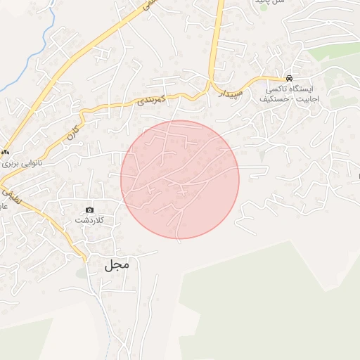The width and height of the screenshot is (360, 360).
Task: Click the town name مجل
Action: (117, 265)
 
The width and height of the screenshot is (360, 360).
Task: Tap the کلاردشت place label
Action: (89, 220)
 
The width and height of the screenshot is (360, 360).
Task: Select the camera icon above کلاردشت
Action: (89, 210)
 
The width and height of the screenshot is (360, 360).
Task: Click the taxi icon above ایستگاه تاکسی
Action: (290, 79)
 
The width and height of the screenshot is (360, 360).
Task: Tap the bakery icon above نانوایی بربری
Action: (6, 150)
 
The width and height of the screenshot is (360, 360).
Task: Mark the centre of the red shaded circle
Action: (180, 179)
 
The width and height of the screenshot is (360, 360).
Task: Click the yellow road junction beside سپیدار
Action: (210, 84)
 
